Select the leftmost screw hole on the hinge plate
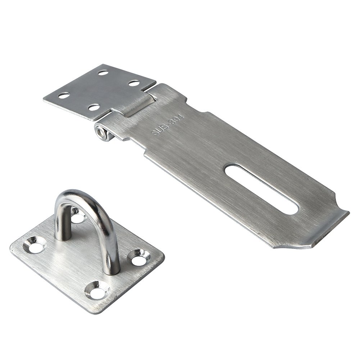[64, 96]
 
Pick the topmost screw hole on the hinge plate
[103, 73]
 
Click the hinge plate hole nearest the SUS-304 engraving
[134, 83]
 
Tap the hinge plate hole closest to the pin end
[94, 108]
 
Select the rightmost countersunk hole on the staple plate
[141, 258]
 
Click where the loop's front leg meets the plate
[113, 270]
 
